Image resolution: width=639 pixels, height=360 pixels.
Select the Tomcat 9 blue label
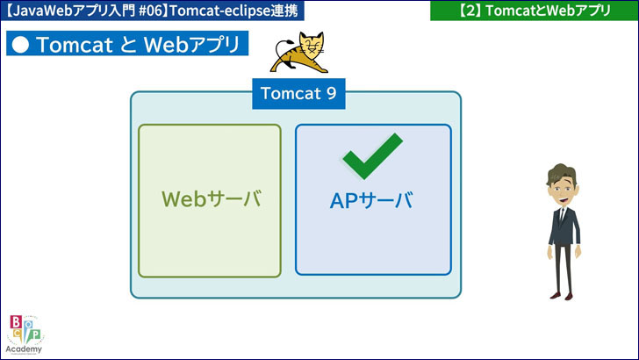point(298,93)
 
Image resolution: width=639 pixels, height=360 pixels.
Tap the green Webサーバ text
point(211,199)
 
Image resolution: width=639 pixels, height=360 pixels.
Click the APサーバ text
point(371,200)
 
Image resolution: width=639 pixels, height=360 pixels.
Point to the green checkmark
point(371,155)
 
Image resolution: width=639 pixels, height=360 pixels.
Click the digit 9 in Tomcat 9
point(331,93)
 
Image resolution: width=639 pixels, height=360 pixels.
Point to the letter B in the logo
point(15,322)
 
